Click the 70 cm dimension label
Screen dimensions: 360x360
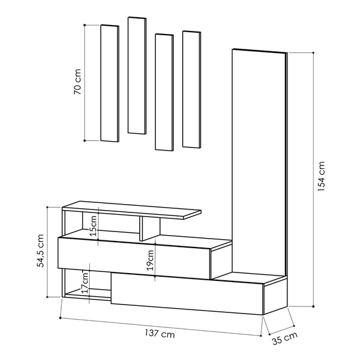(x=77, y=82)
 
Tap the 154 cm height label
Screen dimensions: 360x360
(x=321, y=177)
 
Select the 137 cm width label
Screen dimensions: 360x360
(x=159, y=333)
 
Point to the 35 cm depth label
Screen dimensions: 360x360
(x=285, y=338)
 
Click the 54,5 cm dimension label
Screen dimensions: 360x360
(x=40, y=251)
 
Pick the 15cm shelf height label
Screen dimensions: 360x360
(x=93, y=226)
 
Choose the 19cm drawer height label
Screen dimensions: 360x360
(x=151, y=261)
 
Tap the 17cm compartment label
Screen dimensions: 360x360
(x=85, y=283)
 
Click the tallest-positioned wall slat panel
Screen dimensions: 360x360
(x=137, y=76)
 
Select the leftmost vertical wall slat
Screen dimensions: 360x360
(x=109, y=83)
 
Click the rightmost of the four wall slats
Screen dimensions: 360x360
(x=192, y=89)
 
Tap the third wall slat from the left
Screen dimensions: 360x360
(x=164, y=92)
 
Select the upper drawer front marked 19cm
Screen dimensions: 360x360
(x=134, y=258)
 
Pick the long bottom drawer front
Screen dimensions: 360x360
(x=187, y=293)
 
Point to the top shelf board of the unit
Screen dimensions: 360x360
(x=132, y=210)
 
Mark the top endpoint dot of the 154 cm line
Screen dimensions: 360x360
(x=314, y=52)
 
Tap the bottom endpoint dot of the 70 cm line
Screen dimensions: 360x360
(x=84, y=140)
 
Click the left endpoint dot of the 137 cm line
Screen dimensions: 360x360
(x=60, y=318)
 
